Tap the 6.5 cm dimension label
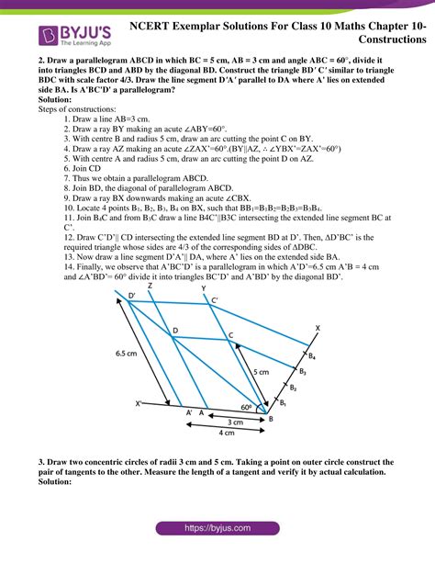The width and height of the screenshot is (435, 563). click(128, 351)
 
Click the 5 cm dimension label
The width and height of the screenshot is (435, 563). click(262, 372)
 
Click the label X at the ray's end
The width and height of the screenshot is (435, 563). click(318, 328)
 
